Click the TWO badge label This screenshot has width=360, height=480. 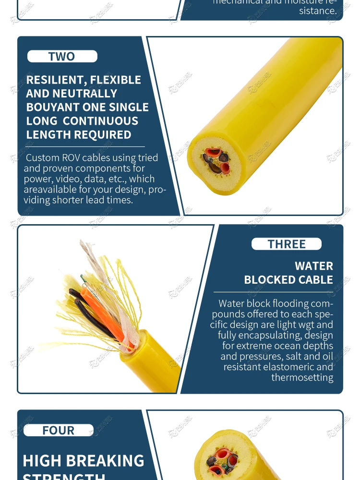click(62, 57)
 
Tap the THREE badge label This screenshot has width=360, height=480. click(287, 244)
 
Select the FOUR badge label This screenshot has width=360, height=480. click(59, 431)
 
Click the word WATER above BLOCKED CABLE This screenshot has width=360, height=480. click(314, 266)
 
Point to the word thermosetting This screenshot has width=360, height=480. click(302, 378)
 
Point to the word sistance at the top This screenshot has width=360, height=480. click(318, 11)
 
